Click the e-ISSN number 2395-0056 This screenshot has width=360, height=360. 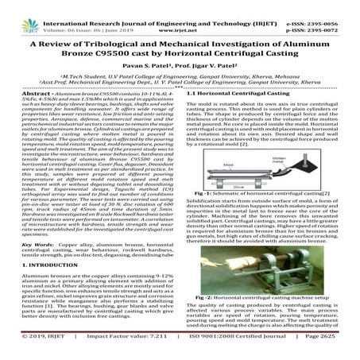click(331, 5)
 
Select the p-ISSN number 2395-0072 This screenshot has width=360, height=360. click(331, 14)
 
